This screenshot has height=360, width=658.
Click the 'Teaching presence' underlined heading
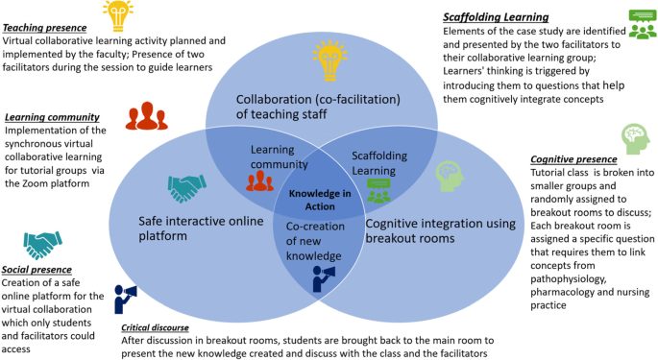(x=44, y=28)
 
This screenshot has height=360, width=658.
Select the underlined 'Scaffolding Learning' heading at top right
(x=496, y=17)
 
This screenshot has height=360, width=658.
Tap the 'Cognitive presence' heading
(x=573, y=159)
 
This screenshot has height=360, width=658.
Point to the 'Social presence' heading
(x=37, y=270)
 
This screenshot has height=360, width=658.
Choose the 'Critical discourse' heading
(x=155, y=327)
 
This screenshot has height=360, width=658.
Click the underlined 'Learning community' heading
(x=52, y=117)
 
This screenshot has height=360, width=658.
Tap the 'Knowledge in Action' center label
(x=320, y=200)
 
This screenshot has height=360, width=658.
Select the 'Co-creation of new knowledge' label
(x=315, y=241)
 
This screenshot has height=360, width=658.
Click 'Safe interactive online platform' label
(x=201, y=228)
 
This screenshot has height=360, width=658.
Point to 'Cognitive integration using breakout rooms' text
(x=441, y=230)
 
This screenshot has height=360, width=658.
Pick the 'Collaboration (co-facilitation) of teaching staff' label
(x=318, y=107)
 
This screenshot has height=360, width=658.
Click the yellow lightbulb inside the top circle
(x=329, y=60)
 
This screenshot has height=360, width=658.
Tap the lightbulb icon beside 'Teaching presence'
(x=118, y=16)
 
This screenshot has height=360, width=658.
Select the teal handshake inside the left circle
(x=187, y=188)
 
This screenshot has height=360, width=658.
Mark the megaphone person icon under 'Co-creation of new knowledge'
(x=324, y=278)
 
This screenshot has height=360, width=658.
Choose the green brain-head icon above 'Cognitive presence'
(x=636, y=139)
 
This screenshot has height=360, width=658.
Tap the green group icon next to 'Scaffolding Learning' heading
(x=643, y=24)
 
